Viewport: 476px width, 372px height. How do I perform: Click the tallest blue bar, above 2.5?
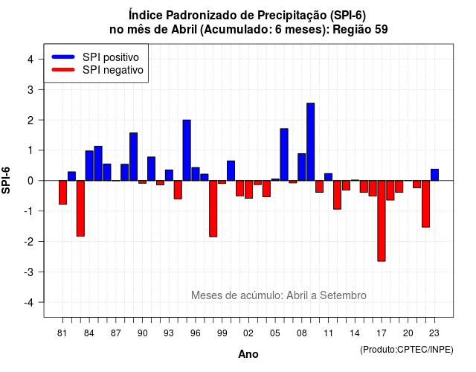tap(311, 142)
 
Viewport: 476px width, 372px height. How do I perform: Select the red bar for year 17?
tap(382, 221)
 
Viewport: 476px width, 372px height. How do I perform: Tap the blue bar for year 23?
tap(434, 175)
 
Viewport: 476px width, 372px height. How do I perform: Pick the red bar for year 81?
tap(62, 192)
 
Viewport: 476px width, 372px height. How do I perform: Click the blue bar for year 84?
tap(89, 165)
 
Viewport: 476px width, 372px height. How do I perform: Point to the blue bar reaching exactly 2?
tap(187, 150)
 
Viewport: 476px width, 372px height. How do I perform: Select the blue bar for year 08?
tap(302, 167)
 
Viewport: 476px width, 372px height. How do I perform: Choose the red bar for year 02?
tap(248, 190)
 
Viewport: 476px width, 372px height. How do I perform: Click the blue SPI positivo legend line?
tap(63, 57)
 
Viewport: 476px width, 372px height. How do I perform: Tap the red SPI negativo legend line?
tap(63, 69)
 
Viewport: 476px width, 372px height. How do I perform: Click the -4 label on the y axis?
tap(30, 303)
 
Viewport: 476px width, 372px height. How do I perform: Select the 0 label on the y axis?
tap(30, 181)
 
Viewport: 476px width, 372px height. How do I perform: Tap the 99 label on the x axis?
tap(222, 333)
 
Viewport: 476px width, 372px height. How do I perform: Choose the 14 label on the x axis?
tap(355, 333)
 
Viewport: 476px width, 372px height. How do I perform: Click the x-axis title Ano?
tap(248, 354)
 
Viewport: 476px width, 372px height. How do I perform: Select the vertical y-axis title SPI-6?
tap(6, 180)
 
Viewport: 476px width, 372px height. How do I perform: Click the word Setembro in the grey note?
tap(343, 295)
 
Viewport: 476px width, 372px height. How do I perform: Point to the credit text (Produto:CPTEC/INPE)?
tap(407, 350)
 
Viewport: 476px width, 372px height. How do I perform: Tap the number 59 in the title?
tap(382, 30)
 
